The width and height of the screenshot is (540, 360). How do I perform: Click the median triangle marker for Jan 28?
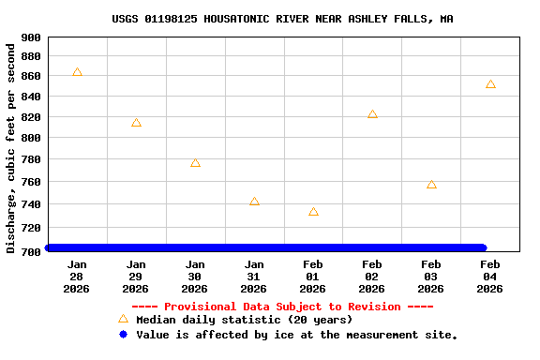coord(77,72)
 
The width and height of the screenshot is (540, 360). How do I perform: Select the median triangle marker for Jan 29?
coord(136,123)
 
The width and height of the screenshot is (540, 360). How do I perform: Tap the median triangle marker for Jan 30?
coord(195,163)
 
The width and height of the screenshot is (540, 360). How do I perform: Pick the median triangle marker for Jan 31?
coord(254,202)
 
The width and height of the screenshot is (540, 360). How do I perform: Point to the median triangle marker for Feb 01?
coord(313,212)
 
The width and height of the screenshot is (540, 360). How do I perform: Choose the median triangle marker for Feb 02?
coord(372,114)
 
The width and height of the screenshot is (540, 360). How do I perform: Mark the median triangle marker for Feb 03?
coord(431,185)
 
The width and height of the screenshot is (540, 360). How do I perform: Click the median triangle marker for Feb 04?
coord(490,84)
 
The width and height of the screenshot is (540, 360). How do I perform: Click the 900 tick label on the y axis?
coord(30,37)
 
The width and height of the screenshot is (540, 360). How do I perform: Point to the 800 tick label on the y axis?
coord(30,138)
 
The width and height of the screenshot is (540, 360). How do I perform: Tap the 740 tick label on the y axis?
coord(30,204)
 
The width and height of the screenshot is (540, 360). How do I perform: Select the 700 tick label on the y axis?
coord(30,251)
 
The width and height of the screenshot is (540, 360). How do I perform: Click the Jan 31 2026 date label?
coord(254,277)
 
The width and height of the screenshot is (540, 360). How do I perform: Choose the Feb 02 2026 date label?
coord(372,277)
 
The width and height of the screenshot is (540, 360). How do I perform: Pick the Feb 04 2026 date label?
coord(490,277)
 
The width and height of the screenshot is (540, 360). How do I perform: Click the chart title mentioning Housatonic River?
coord(282,19)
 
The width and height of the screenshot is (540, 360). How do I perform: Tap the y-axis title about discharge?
coord(11,148)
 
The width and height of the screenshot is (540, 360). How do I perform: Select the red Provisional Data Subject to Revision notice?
coord(282,307)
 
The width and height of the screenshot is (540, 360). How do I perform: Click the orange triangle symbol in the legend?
coord(123,320)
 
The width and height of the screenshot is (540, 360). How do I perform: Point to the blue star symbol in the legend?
coord(123,334)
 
